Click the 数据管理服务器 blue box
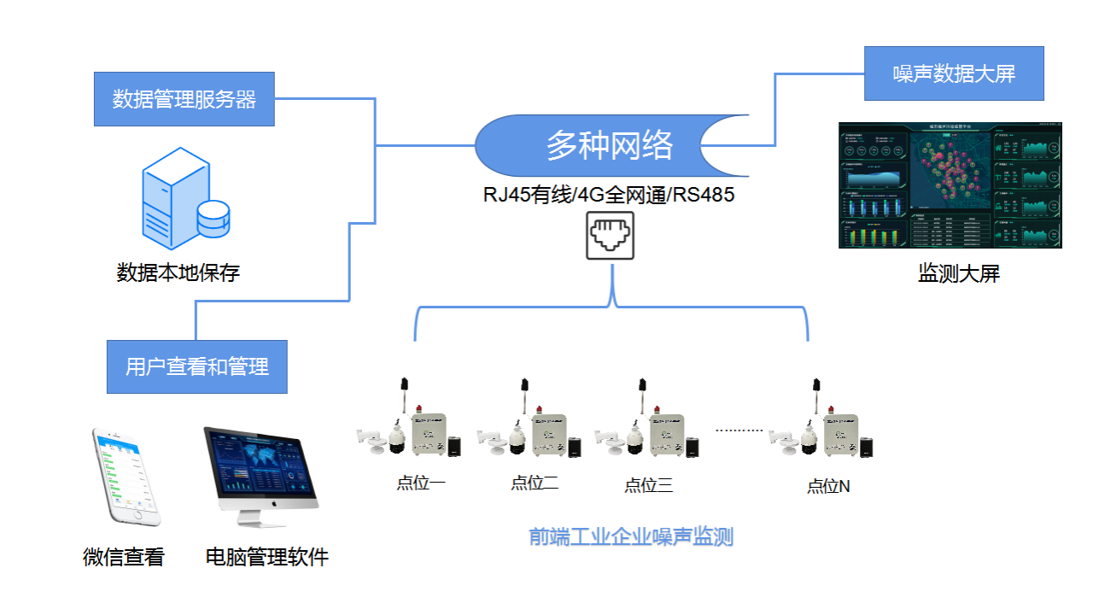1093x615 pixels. pos(184,99)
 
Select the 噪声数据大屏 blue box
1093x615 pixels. pos(954,73)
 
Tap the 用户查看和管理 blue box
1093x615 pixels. pos(196,366)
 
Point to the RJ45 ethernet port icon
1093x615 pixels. pos(610,235)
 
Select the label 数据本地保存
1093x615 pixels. pos(178,273)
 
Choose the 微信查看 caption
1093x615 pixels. pos(124,558)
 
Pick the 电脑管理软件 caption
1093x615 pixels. pos(266,558)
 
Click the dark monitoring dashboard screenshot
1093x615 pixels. pos(950,185)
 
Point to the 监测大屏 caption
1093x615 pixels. pos(958,274)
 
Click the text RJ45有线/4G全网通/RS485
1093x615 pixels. pos(608,195)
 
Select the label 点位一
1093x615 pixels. pos(420,483)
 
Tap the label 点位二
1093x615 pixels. pos(535,483)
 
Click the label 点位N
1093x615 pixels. pos(828,487)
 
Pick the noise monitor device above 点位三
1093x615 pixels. pos(648,427)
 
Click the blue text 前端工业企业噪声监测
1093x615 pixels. pos(631,536)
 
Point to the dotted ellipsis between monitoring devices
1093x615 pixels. pos(739,430)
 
